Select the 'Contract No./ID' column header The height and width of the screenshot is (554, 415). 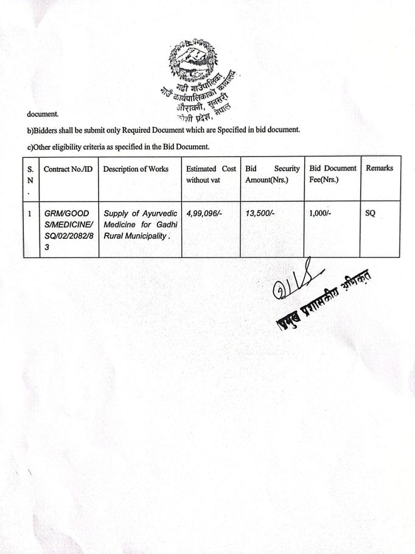click(68, 169)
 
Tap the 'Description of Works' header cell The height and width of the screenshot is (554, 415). click(139, 169)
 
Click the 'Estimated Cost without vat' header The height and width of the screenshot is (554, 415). click(211, 174)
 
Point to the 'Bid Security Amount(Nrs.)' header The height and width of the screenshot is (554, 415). click(272, 174)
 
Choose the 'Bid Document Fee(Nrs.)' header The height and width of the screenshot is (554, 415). click(332, 174)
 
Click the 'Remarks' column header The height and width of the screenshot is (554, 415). click(379, 169)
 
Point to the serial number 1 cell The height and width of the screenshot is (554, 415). click(30, 214)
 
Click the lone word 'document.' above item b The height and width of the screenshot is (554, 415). click(42, 114)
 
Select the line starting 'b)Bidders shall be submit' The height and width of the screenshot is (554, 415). click(163, 130)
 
